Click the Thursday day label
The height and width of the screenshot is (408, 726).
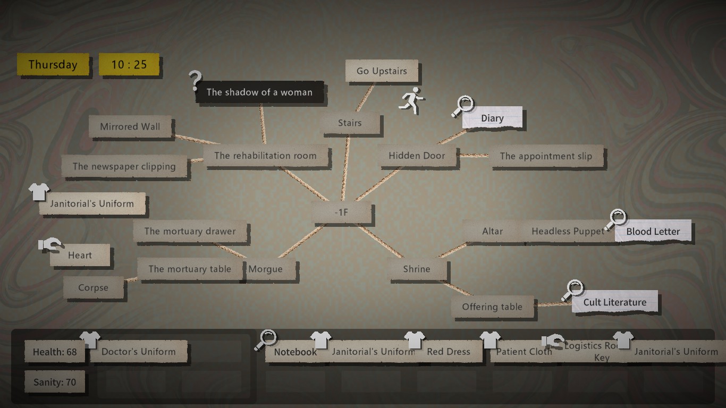click(53, 65)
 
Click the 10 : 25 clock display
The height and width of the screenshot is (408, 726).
click(129, 65)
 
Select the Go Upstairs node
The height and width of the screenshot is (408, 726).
click(382, 71)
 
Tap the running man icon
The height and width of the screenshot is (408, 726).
click(411, 101)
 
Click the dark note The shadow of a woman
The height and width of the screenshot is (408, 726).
click(259, 92)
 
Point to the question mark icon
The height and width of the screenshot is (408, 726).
click(195, 81)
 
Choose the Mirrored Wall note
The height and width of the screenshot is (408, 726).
click(130, 127)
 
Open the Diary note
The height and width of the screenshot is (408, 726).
click(492, 118)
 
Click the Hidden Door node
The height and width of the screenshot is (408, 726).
click(417, 156)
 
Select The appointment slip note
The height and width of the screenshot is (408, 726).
click(546, 156)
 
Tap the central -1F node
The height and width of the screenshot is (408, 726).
click(341, 212)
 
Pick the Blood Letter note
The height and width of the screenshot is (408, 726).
click(653, 232)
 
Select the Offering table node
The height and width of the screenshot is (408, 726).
click(492, 307)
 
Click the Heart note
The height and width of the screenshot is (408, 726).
click(80, 256)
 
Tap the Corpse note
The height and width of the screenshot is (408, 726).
click(93, 288)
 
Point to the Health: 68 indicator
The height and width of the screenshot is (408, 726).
click(55, 352)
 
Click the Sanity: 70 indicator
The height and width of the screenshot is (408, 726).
click(55, 382)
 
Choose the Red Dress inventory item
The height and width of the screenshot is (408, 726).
click(449, 352)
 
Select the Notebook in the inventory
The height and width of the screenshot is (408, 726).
click(295, 352)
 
